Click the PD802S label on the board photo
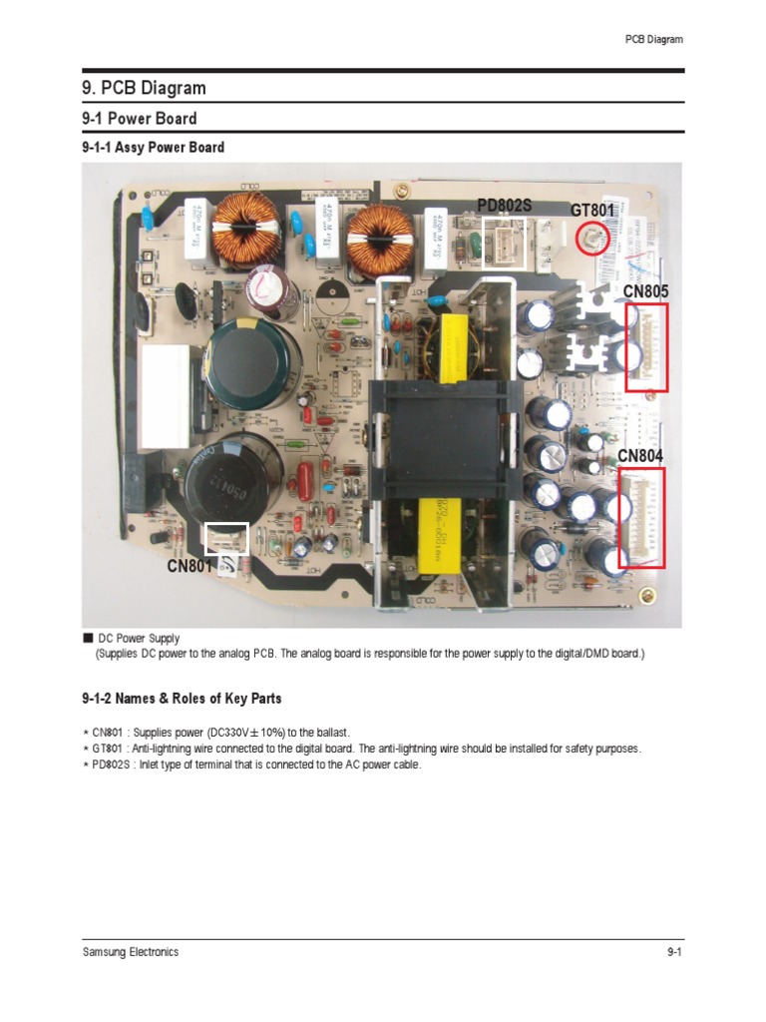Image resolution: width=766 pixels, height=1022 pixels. (504, 206)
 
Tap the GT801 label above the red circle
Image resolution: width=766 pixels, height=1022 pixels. (592, 211)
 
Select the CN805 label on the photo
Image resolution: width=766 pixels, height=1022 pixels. (645, 290)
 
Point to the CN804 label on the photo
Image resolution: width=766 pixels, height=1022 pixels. (640, 456)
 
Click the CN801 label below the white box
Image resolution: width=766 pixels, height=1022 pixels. (191, 567)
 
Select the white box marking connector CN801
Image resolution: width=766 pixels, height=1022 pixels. (226, 539)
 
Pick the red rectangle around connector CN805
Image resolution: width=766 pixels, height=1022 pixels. (646, 348)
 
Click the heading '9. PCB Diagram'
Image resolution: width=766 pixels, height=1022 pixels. (144, 89)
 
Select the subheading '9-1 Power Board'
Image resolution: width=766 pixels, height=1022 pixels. (139, 118)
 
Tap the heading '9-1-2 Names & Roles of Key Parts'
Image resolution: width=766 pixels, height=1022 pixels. (182, 699)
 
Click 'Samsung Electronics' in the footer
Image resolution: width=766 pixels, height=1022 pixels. (131, 952)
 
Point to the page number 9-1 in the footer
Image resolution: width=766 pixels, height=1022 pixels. (673, 952)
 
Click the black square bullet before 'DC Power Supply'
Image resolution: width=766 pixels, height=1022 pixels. (88, 638)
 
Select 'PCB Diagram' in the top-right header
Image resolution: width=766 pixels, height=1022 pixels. (653, 40)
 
